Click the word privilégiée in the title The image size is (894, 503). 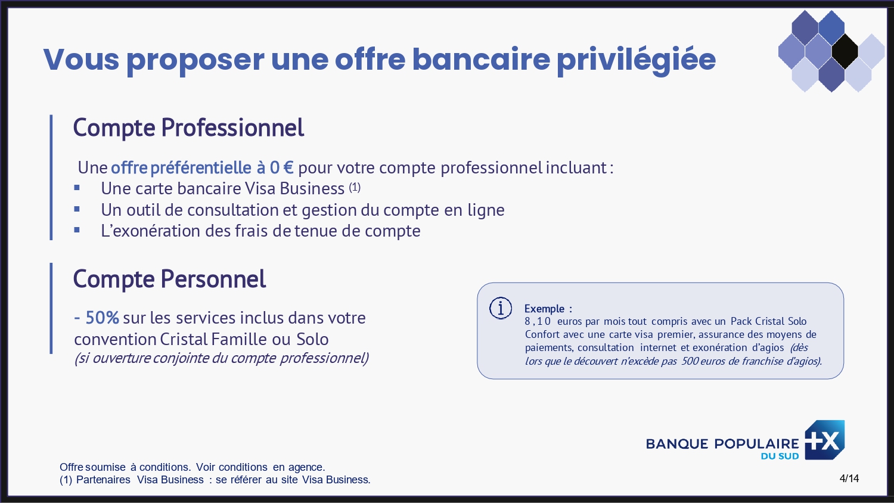(636, 60)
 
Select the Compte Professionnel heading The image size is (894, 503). (188, 128)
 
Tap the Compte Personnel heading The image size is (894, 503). (169, 279)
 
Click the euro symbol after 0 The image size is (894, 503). (288, 167)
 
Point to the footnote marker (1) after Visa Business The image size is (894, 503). (355, 187)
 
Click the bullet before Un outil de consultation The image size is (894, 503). (77, 209)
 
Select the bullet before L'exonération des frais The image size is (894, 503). (77, 230)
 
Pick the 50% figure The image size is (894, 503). (102, 318)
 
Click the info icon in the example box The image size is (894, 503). (501, 308)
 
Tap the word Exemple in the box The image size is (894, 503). (544, 309)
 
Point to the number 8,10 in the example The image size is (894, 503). (538, 321)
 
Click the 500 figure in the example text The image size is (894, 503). (690, 361)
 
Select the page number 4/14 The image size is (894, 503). (849, 479)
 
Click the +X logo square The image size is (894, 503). (825, 440)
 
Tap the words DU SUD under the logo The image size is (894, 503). (780, 457)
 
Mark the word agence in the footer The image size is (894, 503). (305, 467)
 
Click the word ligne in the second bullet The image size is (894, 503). (486, 210)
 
